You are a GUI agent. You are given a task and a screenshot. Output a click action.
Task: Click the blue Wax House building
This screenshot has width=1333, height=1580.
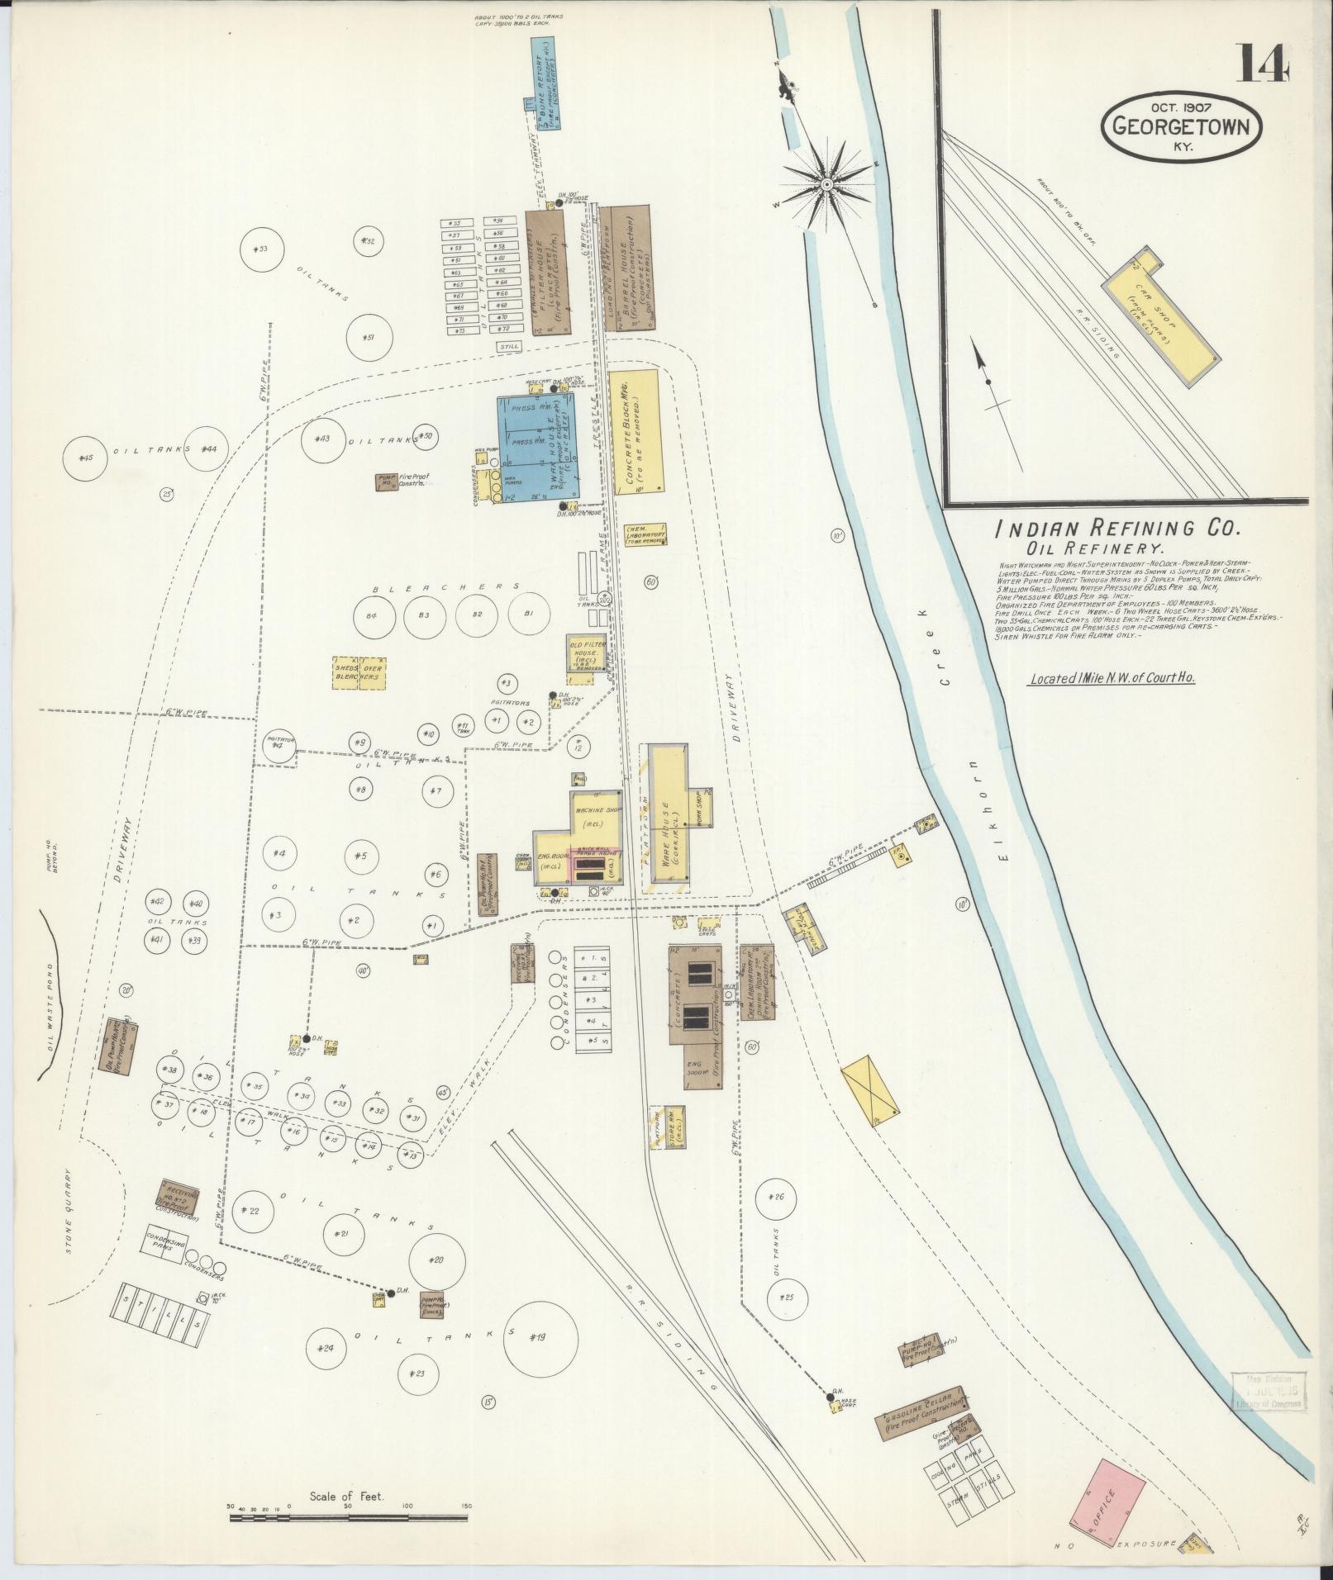pos(538,449)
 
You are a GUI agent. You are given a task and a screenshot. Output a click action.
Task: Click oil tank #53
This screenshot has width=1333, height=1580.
pos(261,249)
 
